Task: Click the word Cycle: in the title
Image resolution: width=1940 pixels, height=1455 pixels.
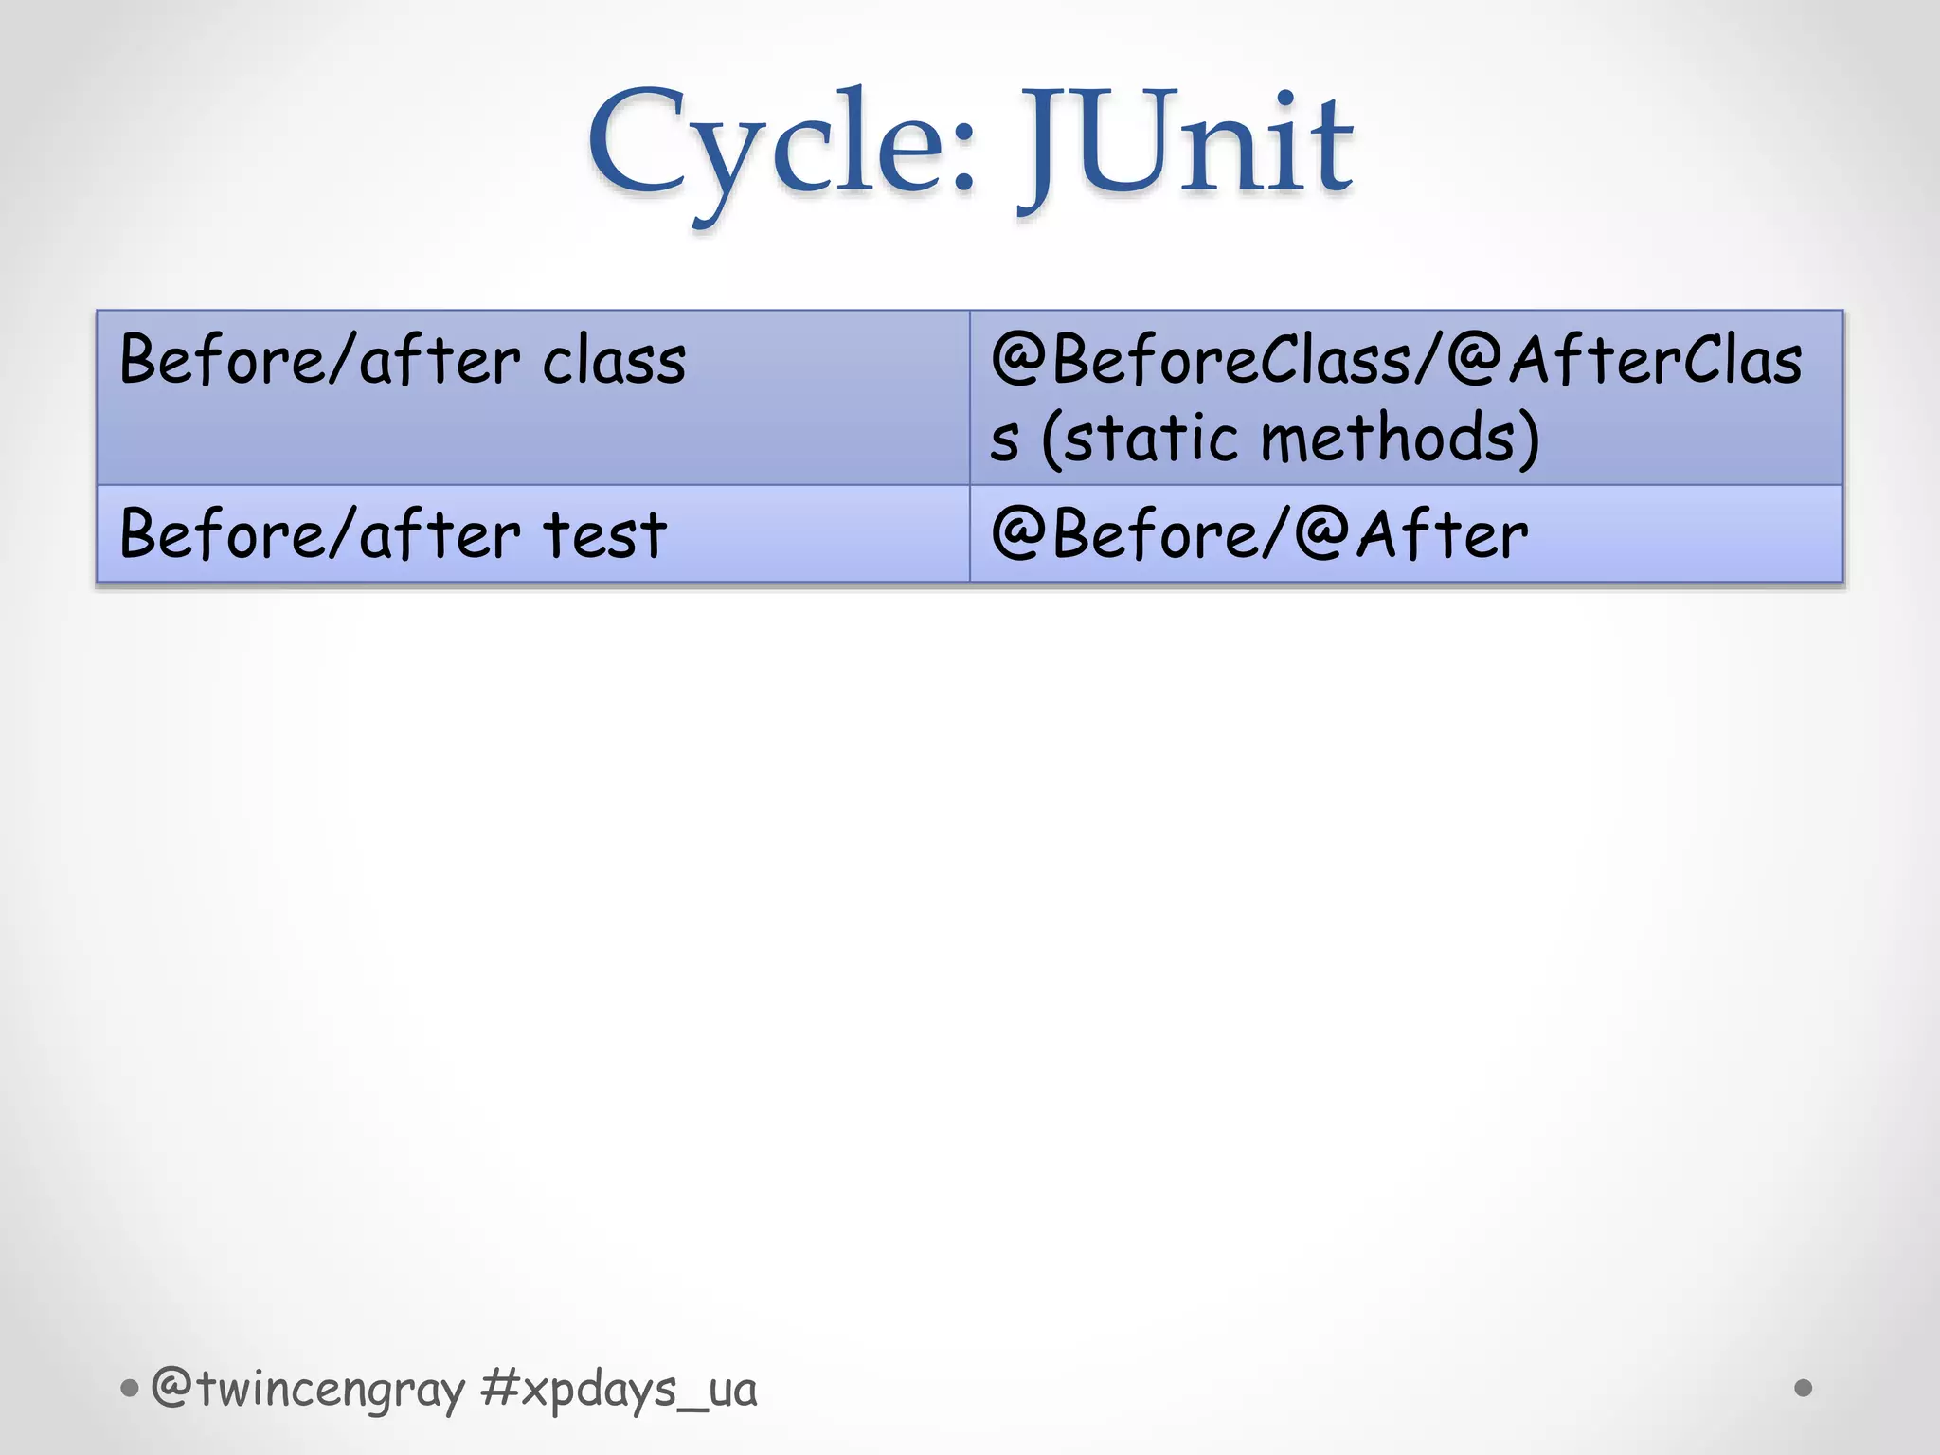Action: tap(781, 147)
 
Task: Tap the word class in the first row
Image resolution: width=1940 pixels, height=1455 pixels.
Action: tap(614, 362)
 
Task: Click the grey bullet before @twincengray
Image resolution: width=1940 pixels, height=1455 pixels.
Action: tap(130, 1390)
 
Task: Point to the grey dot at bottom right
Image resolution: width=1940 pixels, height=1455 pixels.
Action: tap(1803, 1388)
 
